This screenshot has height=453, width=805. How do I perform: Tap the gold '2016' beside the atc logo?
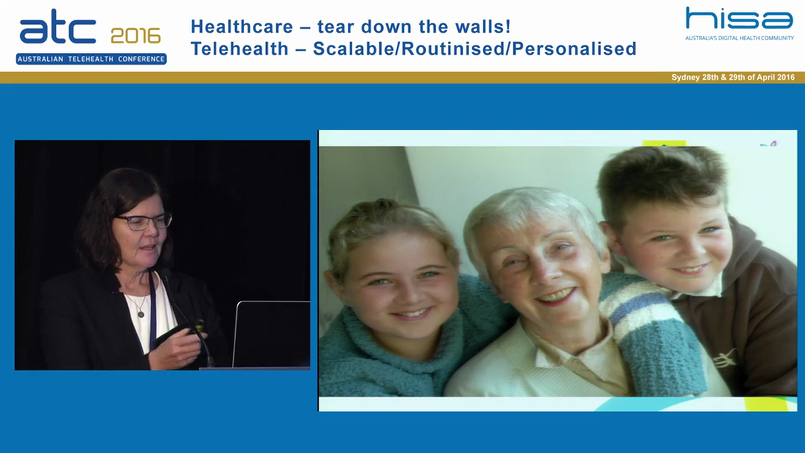135,36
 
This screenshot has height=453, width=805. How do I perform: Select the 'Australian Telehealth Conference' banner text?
91,59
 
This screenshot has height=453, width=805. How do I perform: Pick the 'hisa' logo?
739,19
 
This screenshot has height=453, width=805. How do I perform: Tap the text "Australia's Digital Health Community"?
739,38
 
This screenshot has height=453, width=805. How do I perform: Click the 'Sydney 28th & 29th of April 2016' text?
733,77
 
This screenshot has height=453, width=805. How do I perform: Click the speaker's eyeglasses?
143,221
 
